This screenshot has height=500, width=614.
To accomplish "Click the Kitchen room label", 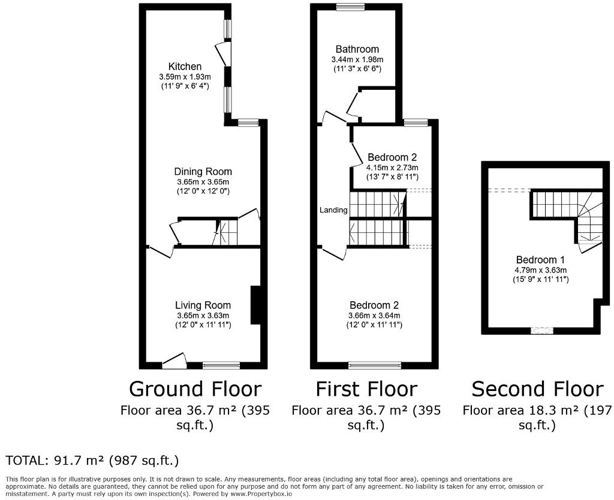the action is pyautogui.click(x=185, y=66).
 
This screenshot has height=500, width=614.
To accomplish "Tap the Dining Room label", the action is pyautogui.click(x=203, y=172).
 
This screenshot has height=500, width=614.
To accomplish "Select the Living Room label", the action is pyautogui.click(x=203, y=305).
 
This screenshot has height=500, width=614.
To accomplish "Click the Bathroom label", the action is pyautogui.click(x=357, y=49).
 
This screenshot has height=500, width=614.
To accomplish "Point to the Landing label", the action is pyautogui.click(x=333, y=210).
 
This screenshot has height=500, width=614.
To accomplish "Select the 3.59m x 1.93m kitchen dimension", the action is pyautogui.click(x=185, y=77).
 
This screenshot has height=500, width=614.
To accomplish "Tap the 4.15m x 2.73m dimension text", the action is pyautogui.click(x=392, y=167).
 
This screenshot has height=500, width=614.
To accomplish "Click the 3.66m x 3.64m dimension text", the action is pyautogui.click(x=374, y=316).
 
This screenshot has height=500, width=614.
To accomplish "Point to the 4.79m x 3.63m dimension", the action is pyautogui.click(x=540, y=270).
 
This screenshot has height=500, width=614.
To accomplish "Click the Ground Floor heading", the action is pyautogui.click(x=195, y=389).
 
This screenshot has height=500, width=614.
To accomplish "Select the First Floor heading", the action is pyautogui.click(x=366, y=389).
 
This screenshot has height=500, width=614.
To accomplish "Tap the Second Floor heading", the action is pyautogui.click(x=537, y=389).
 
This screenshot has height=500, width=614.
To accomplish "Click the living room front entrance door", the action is pyautogui.click(x=174, y=361).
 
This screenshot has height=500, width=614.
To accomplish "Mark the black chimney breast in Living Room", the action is pyautogui.click(x=255, y=305).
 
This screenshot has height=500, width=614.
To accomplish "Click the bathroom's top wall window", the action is pyautogui.click(x=350, y=6).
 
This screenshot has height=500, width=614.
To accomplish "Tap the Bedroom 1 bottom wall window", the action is pyautogui.click(x=542, y=331).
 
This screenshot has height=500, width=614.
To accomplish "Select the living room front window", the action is pyautogui.click(x=221, y=365).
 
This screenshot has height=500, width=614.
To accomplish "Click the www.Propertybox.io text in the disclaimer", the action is pyautogui.click(x=260, y=494).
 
